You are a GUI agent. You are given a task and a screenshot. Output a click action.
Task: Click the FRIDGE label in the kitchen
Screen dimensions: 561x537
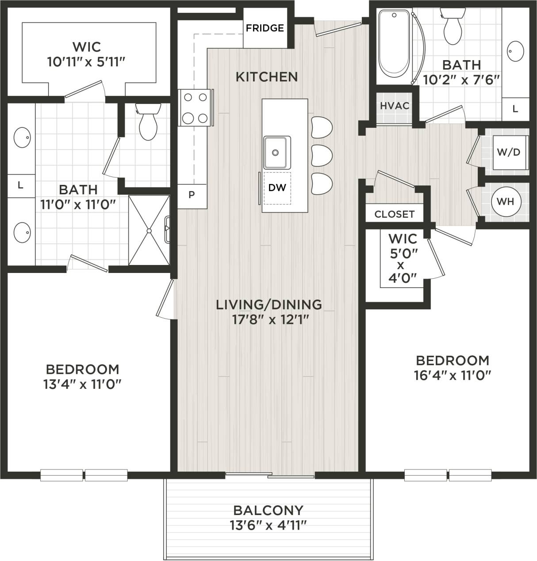pyautogui.click(x=265, y=28)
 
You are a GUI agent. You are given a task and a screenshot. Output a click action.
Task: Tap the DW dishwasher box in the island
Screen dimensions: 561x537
pyautogui.click(x=277, y=188)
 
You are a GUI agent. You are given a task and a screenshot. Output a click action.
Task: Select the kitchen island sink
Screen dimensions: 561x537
pyautogui.click(x=276, y=152)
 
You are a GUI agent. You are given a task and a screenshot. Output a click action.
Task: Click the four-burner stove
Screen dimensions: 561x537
pyautogui.click(x=195, y=107)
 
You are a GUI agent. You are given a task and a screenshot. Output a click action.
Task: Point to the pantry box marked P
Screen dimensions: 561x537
pyautogui.click(x=192, y=195)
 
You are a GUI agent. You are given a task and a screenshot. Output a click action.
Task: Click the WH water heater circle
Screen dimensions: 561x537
pyautogui.click(x=505, y=202)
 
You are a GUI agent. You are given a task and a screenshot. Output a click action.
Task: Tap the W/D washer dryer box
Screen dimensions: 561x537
pyautogui.click(x=509, y=153)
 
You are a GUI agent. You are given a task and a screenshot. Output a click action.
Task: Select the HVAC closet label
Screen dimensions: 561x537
pyautogui.click(x=394, y=106)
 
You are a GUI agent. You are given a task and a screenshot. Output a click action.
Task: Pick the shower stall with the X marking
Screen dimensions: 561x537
pyautogui.click(x=149, y=231)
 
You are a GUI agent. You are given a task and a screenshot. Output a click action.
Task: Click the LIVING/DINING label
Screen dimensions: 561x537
pyautogui.click(x=268, y=304)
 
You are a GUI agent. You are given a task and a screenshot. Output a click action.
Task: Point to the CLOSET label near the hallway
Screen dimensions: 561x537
pyautogui.click(x=394, y=215)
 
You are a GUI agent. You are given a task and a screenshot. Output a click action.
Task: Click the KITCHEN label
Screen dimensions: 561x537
pyautogui.click(x=266, y=77)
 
